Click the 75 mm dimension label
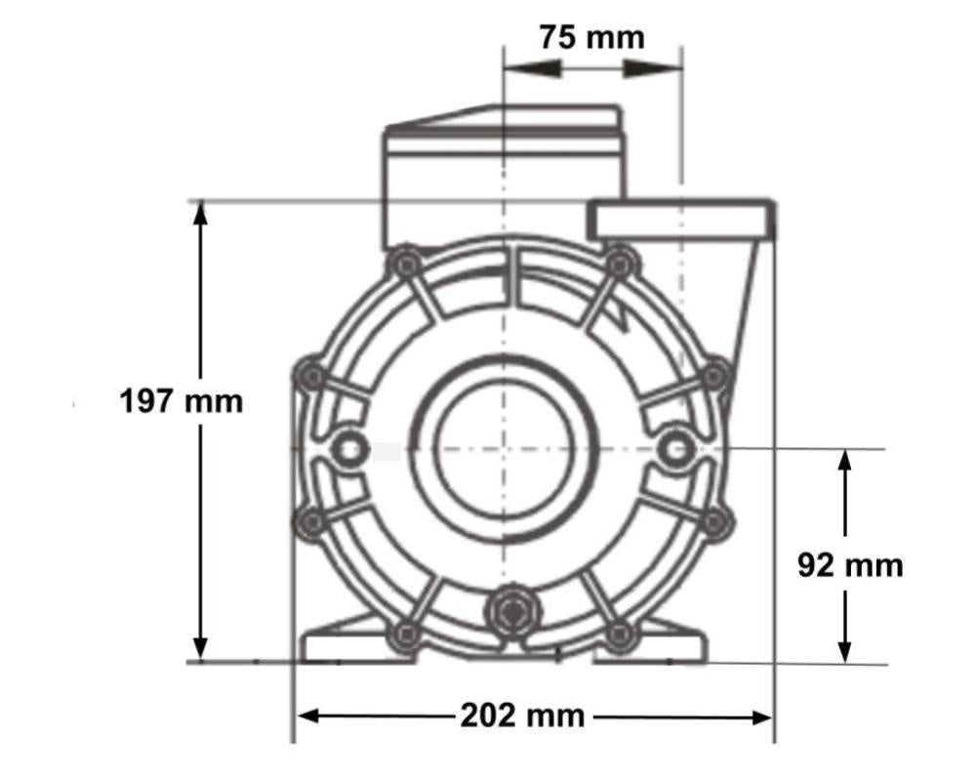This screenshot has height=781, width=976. point(591,37)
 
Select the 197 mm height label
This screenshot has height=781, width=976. point(181,400)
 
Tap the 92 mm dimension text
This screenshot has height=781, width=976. point(850,565)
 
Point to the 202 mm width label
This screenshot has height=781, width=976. point(522,716)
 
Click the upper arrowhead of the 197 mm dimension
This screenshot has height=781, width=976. point(201,214)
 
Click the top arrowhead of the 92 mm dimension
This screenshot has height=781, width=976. point(845,462)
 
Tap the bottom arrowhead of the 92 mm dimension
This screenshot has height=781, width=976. point(845,650)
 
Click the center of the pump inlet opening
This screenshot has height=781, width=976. point(502,448)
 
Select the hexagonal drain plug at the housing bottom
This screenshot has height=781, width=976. point(510,613)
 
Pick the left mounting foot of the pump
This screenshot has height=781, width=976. point(342,644)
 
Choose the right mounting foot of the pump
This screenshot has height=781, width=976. point(664,644)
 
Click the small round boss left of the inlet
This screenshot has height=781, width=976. point(346,448)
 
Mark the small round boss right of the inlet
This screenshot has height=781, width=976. point(673,448)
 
